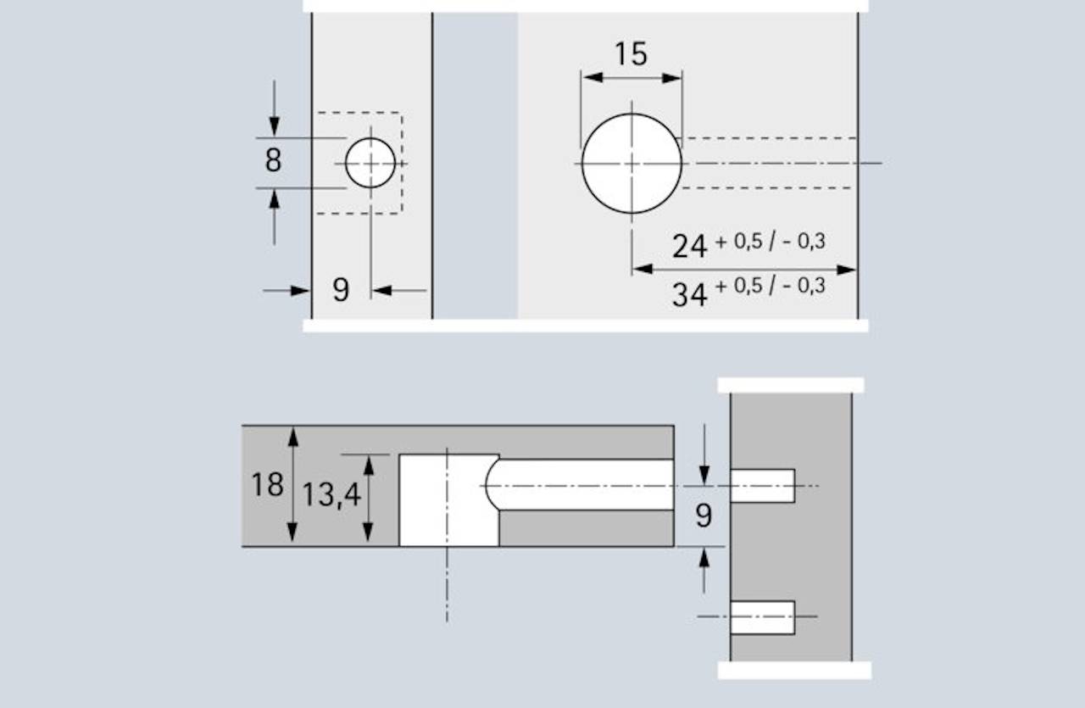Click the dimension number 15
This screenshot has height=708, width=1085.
click(631, 54)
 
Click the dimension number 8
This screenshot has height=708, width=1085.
click(273, 159)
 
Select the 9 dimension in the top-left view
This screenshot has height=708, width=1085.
click(340, 290)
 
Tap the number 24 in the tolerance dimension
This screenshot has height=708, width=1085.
click(689, 246)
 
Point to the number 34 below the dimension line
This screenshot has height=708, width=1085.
click(689, 295)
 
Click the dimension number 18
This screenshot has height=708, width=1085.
click(266, 485)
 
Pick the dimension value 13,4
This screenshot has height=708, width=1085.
click(331, 494)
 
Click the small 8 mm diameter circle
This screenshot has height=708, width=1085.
click(370, 163)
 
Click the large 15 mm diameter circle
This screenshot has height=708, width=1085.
click(632, 163)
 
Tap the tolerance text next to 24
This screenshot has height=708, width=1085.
click(771, 242)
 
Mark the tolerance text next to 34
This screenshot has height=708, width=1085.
click(771, 286)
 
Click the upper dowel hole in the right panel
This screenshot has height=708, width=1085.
click(762, 485)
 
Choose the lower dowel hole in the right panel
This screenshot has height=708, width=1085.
click(762, 616)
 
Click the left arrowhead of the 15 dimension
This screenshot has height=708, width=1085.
click(592, 77)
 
